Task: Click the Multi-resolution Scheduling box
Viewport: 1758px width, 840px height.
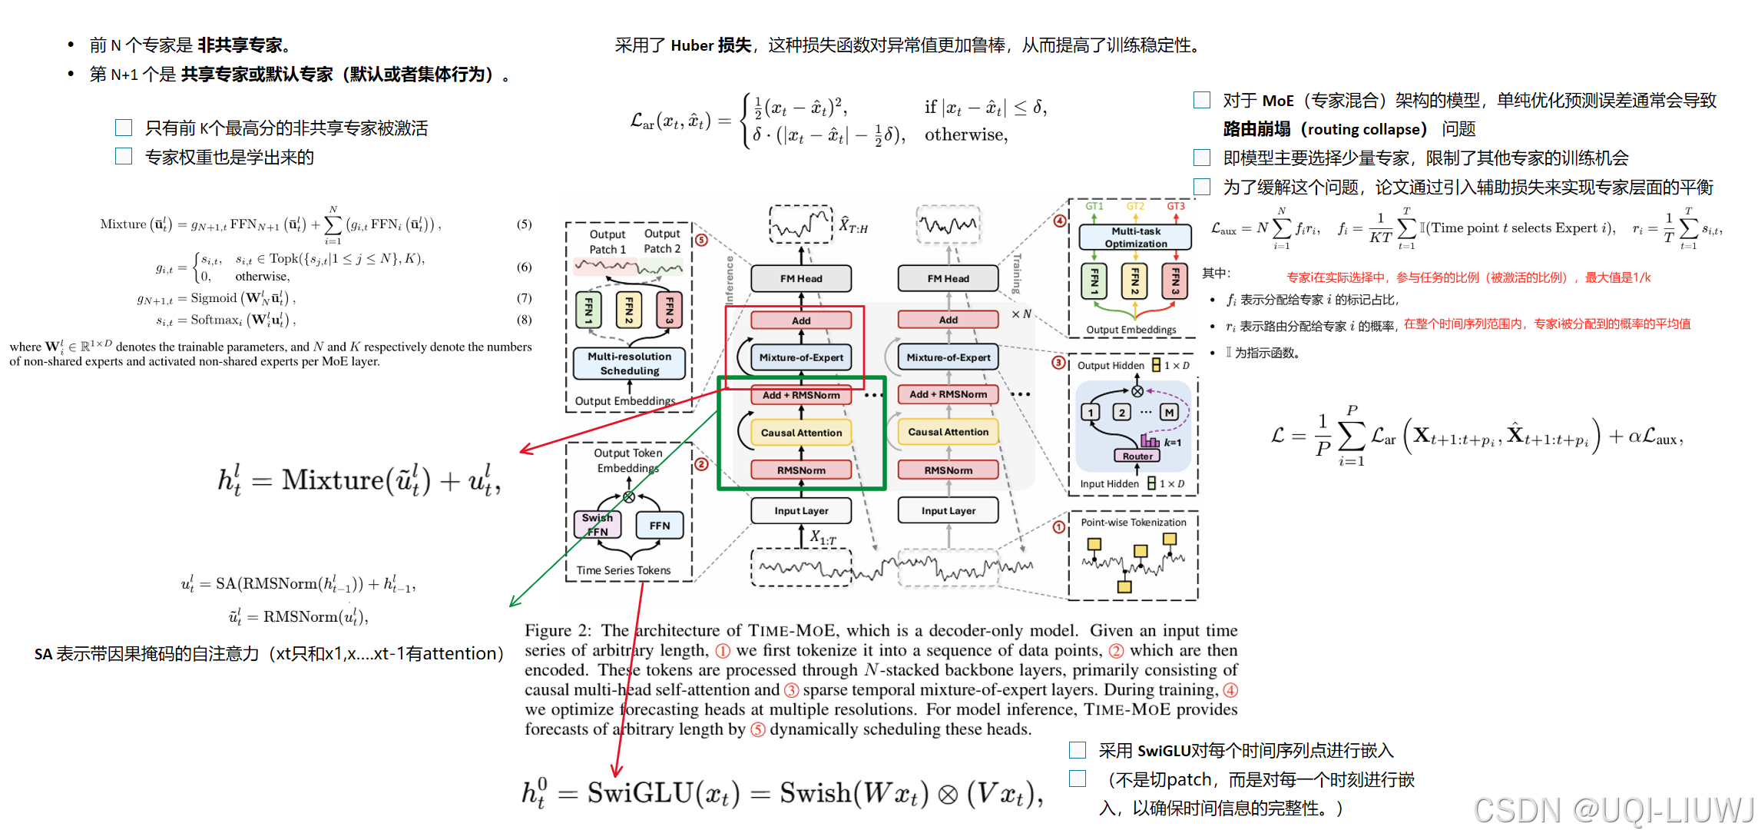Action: (x=629, y=364)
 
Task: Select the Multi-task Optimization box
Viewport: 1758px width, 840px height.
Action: (x=1135, y=237)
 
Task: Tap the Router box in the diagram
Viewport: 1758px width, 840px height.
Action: (x=1137, y=456)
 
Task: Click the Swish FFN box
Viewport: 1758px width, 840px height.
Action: (x=597, y=525)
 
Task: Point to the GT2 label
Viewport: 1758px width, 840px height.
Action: (x=1134, y=206)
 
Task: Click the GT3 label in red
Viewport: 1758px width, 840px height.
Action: (x=1175, y=206)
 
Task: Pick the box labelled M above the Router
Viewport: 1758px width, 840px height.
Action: (x=1169, y=413)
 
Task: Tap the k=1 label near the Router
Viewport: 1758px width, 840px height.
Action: (x=1172, y=443)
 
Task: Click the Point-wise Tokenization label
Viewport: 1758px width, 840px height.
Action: (x=1133, y=523)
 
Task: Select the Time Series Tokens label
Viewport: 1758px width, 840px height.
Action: (x=623, y=570)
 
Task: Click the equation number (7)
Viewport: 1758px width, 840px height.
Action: (x=524, y=298)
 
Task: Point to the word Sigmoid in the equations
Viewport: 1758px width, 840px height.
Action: (x=214, y=298)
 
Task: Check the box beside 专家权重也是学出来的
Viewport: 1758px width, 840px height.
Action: (x=124, y=157)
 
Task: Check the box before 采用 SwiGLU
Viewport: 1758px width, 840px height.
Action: (x=1078, y=750)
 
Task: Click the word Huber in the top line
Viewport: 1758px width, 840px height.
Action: (x=692, y=45)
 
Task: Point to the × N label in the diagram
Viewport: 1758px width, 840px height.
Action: (x=1021, y=314)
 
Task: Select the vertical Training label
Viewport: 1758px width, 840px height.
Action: (x=1017, y=274)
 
